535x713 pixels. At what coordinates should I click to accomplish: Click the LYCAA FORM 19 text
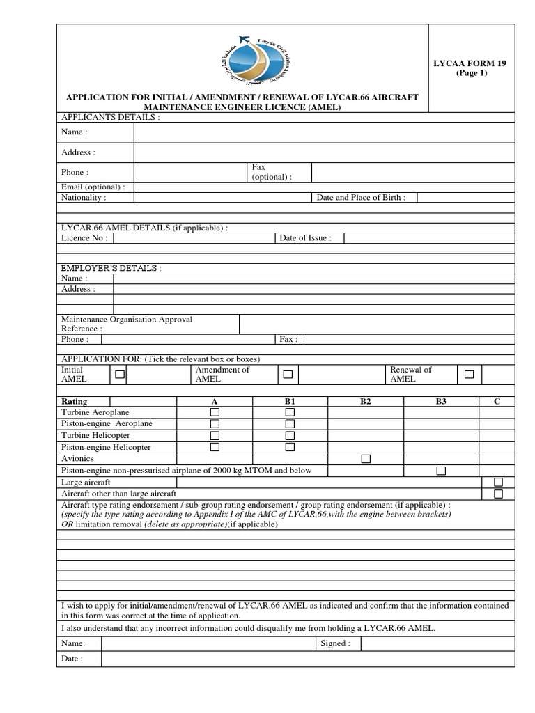(x=472, y=63)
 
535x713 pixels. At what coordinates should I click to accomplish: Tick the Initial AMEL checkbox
(x=120, y=375)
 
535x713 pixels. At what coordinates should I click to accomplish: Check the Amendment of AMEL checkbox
(x=287, y=375)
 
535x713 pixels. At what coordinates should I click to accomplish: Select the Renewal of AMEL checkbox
(x=469, y=375)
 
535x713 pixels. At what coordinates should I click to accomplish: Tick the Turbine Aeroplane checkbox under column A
(x=215, y=412)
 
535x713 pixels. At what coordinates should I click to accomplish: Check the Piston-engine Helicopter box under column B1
(x=290, y=447)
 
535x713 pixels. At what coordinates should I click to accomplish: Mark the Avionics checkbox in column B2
(x=365, y=459)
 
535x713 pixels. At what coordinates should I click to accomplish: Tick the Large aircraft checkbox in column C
(x=497, y=482)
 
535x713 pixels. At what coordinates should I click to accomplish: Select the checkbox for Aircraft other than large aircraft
(x=497, y=494)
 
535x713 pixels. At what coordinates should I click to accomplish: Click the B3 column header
(x=440, y=401)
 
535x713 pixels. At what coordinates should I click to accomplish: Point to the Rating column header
(x=75, y=401)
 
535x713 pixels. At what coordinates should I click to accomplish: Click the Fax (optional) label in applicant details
(x=272, y=172)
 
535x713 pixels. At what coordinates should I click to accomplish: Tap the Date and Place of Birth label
(x=361, y=197)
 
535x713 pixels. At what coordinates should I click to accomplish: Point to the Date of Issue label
(x=305, y=237)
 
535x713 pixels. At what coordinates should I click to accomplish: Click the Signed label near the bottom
(x=335, y=643)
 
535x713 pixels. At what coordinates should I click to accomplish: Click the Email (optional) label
(x=93, y=187)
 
